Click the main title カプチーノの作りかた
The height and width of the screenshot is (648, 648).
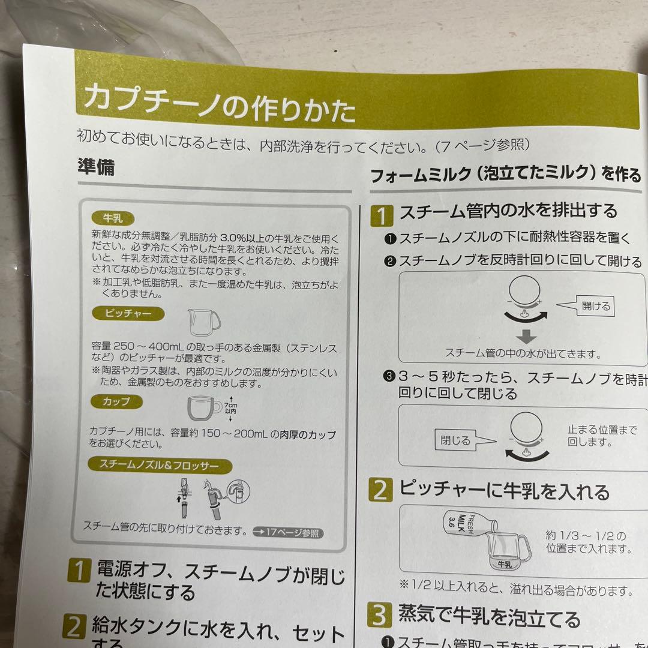point(220,104)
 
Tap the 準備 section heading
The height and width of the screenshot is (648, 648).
point(96,167)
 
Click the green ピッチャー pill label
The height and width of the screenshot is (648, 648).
point(128,314)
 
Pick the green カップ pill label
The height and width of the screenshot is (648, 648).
point(116,401)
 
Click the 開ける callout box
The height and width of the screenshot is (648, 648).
point(595,307)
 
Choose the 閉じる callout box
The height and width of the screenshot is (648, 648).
point(455,440)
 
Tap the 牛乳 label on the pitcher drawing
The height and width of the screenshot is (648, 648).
point(504,564)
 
